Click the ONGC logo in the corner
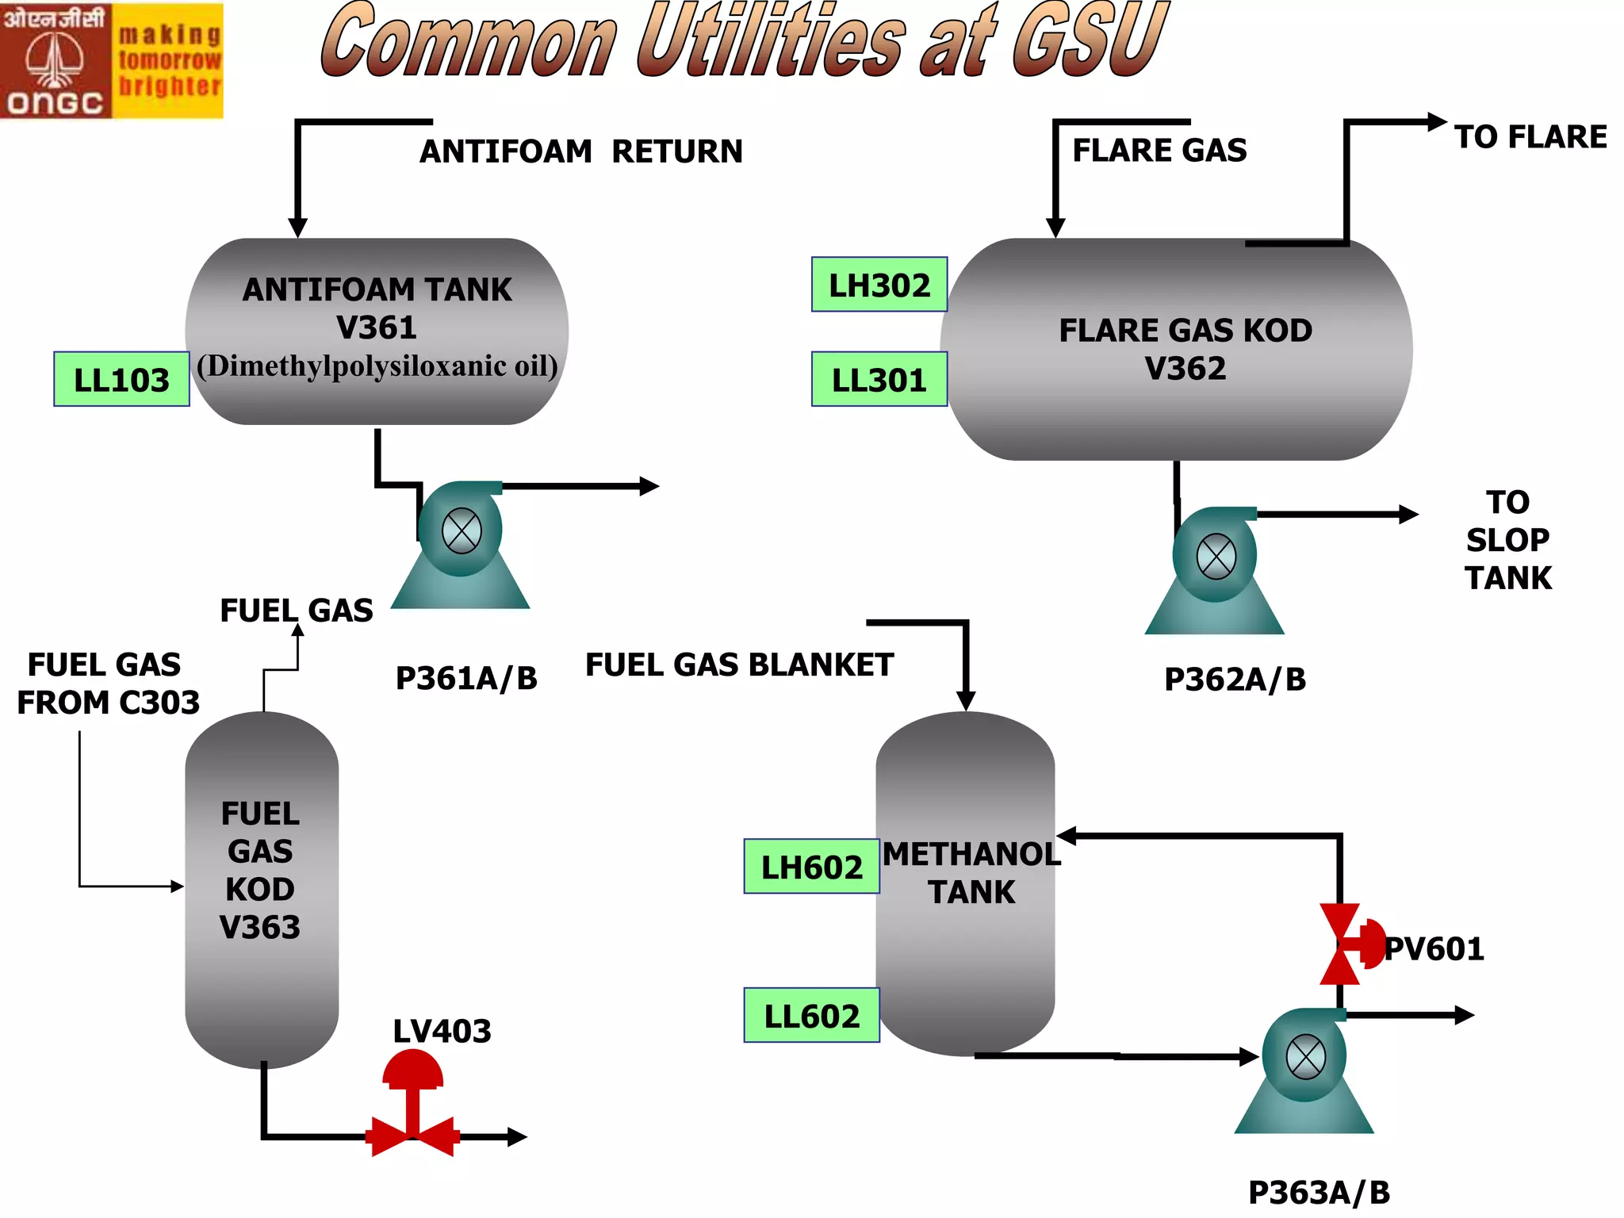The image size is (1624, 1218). point(111,60)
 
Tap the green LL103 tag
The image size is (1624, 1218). point(121,380)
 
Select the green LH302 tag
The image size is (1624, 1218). point(879,285)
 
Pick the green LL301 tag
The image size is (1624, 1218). point(879,380)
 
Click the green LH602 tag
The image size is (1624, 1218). point(811,867)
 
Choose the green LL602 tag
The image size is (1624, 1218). point(811,1016)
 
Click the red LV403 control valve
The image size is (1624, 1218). point(412,1110)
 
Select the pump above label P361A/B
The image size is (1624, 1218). point(461,544)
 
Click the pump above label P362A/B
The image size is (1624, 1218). point(1215,569)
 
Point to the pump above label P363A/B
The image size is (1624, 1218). point(1304,1070)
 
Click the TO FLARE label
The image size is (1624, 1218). point(1530,137)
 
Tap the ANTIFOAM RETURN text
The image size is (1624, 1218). point(581,151)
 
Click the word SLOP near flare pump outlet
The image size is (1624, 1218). point(1507,540)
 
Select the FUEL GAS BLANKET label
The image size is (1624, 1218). point(739,665)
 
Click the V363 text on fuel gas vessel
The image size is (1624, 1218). point(260,927)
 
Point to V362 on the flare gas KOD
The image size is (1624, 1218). point(1185,368)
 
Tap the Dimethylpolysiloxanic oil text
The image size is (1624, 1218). point(377,366)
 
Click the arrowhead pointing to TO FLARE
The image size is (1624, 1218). point(1436,122)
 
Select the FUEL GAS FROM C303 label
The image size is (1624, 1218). point(107,684)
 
